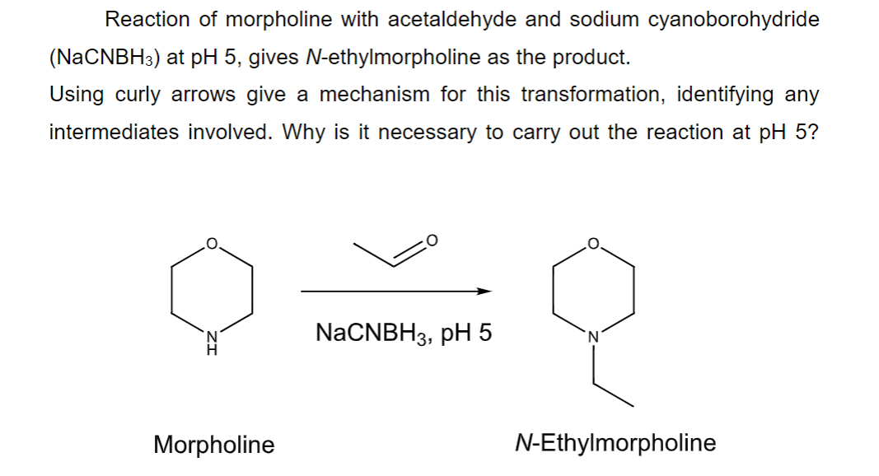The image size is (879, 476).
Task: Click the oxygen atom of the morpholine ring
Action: (x=211, y=243)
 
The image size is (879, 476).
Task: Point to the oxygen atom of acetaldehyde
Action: (x=433, y=240)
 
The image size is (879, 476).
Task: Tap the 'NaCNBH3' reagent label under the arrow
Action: (x=373, y=334)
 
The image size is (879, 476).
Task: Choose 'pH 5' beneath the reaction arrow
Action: (x=466, y=334)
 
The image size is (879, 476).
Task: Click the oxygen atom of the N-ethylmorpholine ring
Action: (x=592, y=243)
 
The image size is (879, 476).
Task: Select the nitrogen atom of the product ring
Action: (x=592, y=336)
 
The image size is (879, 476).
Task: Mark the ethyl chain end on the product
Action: (x=633, y=406)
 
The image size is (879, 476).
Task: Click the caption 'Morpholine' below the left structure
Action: (x=214, y=446)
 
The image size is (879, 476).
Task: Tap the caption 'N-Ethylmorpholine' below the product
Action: (x=615, y=443)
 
